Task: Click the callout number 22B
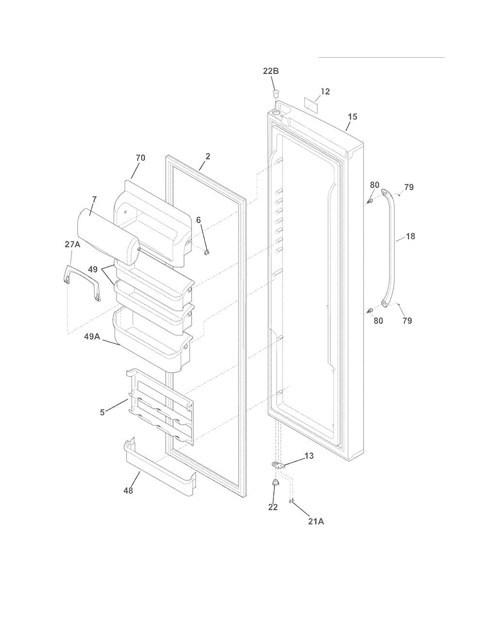point(271,71)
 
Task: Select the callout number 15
point(353,117)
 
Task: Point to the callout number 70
point(140,158)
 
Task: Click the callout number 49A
point(92,337)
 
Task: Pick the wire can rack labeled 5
point(160,407)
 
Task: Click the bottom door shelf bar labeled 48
point(160,469)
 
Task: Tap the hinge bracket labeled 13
point(278,465)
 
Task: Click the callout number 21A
point(316,522)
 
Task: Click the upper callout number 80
point(375,185)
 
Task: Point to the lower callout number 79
point(407,320)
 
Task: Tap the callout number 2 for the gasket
point(208,156)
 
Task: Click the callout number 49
point(92,270)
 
